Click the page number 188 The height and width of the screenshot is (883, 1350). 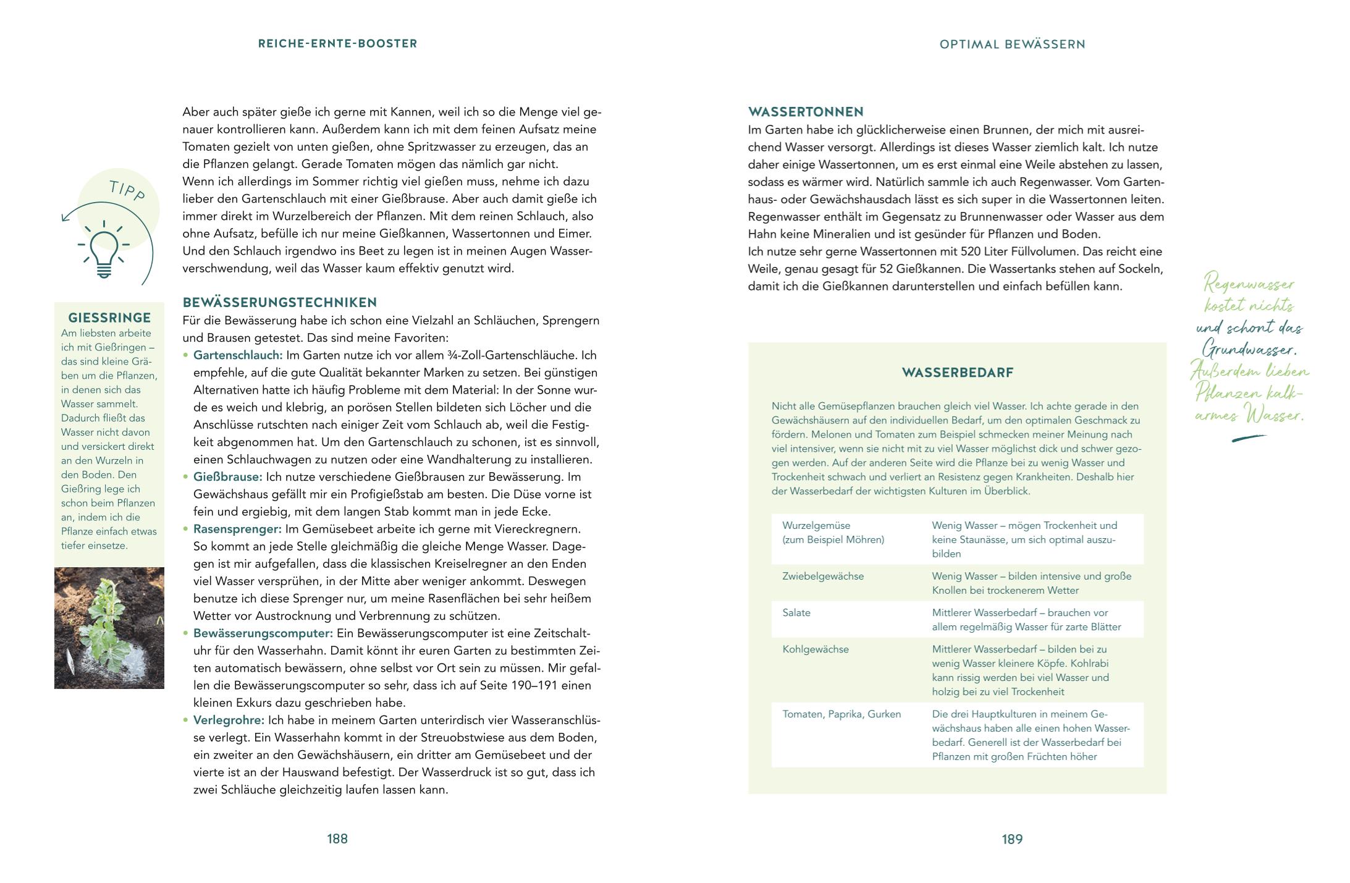[x=337, y=839]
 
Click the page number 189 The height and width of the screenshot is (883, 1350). [x=1012, y=839]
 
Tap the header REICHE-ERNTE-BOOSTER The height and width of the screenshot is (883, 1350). [x=337, y=43]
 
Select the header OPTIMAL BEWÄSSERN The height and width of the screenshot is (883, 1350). [x=1012, y=44]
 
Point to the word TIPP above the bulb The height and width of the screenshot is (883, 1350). [x=127, y=190]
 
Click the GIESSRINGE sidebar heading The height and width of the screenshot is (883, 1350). [x=109, y=318]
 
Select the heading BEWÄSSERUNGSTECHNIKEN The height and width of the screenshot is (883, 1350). [x=279, y=303]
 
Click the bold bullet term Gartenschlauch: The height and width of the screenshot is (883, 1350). [x=238, y=355]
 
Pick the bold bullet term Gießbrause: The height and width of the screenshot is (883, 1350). [x=228, y=477]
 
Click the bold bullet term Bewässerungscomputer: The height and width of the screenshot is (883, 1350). [x=263, y=633]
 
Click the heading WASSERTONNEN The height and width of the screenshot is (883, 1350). [x=806, y=112]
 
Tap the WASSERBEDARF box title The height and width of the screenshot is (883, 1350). [x=957, y=373]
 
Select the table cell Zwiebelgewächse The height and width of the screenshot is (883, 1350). [x=823, y=576]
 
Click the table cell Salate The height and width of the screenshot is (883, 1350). [x=796, y=612]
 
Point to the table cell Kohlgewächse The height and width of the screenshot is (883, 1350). [x=816, y=649]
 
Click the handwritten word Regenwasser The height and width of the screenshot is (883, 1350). [x=1249, y=284]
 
